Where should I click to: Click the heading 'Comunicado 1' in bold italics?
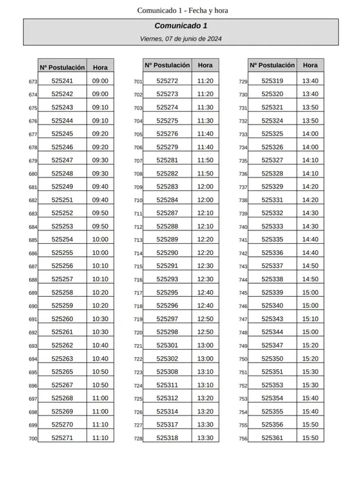(x=181, y=26)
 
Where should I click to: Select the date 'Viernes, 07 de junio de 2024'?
(x=181, y=39)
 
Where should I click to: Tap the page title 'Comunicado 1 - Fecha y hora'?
(x=183, y=10)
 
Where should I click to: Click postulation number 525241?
(x=62, y=81)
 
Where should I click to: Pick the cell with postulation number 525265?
(x=62, y=372)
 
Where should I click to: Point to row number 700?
(x=33, y=439)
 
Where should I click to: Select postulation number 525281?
(x=167, y=160)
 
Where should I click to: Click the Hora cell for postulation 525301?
(x=205, y=345)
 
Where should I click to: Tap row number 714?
(x=137, y=254)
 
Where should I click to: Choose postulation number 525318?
(x=167, y=438)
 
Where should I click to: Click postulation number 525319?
(x=272, y=81)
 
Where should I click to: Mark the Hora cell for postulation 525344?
(x=310, y=332)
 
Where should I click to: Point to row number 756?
(x=243, y=439)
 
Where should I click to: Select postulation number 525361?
(x=272, y=438)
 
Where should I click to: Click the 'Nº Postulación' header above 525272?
(x=167, y=65)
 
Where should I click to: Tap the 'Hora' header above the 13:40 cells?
(x=310, y=65)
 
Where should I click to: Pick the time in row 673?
(x=100, y=81)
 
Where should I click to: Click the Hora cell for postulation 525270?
(x=100, y=425)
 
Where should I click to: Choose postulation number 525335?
(x=272, y=239)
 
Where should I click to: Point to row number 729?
(x=243, y=82)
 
